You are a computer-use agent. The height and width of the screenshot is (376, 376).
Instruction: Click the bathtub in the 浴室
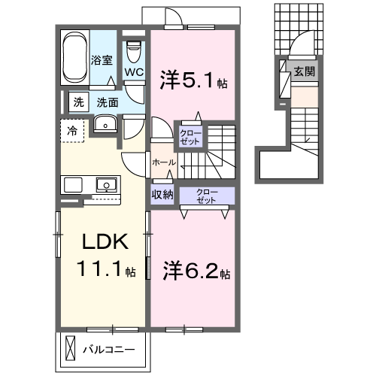(74, 57)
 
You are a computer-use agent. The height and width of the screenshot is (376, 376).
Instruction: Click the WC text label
(134, 72)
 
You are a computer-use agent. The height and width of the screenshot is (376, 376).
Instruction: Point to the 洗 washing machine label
(78, 101)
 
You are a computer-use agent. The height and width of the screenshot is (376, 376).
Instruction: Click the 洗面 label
(107, 101)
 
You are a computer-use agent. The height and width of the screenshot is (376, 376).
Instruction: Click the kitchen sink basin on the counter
(105, 184)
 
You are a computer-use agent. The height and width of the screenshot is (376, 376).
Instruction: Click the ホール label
(164, 162)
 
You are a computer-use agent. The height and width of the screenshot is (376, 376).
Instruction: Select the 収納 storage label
(163, 194)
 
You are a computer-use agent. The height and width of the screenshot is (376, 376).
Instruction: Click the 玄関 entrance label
(304, 72)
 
